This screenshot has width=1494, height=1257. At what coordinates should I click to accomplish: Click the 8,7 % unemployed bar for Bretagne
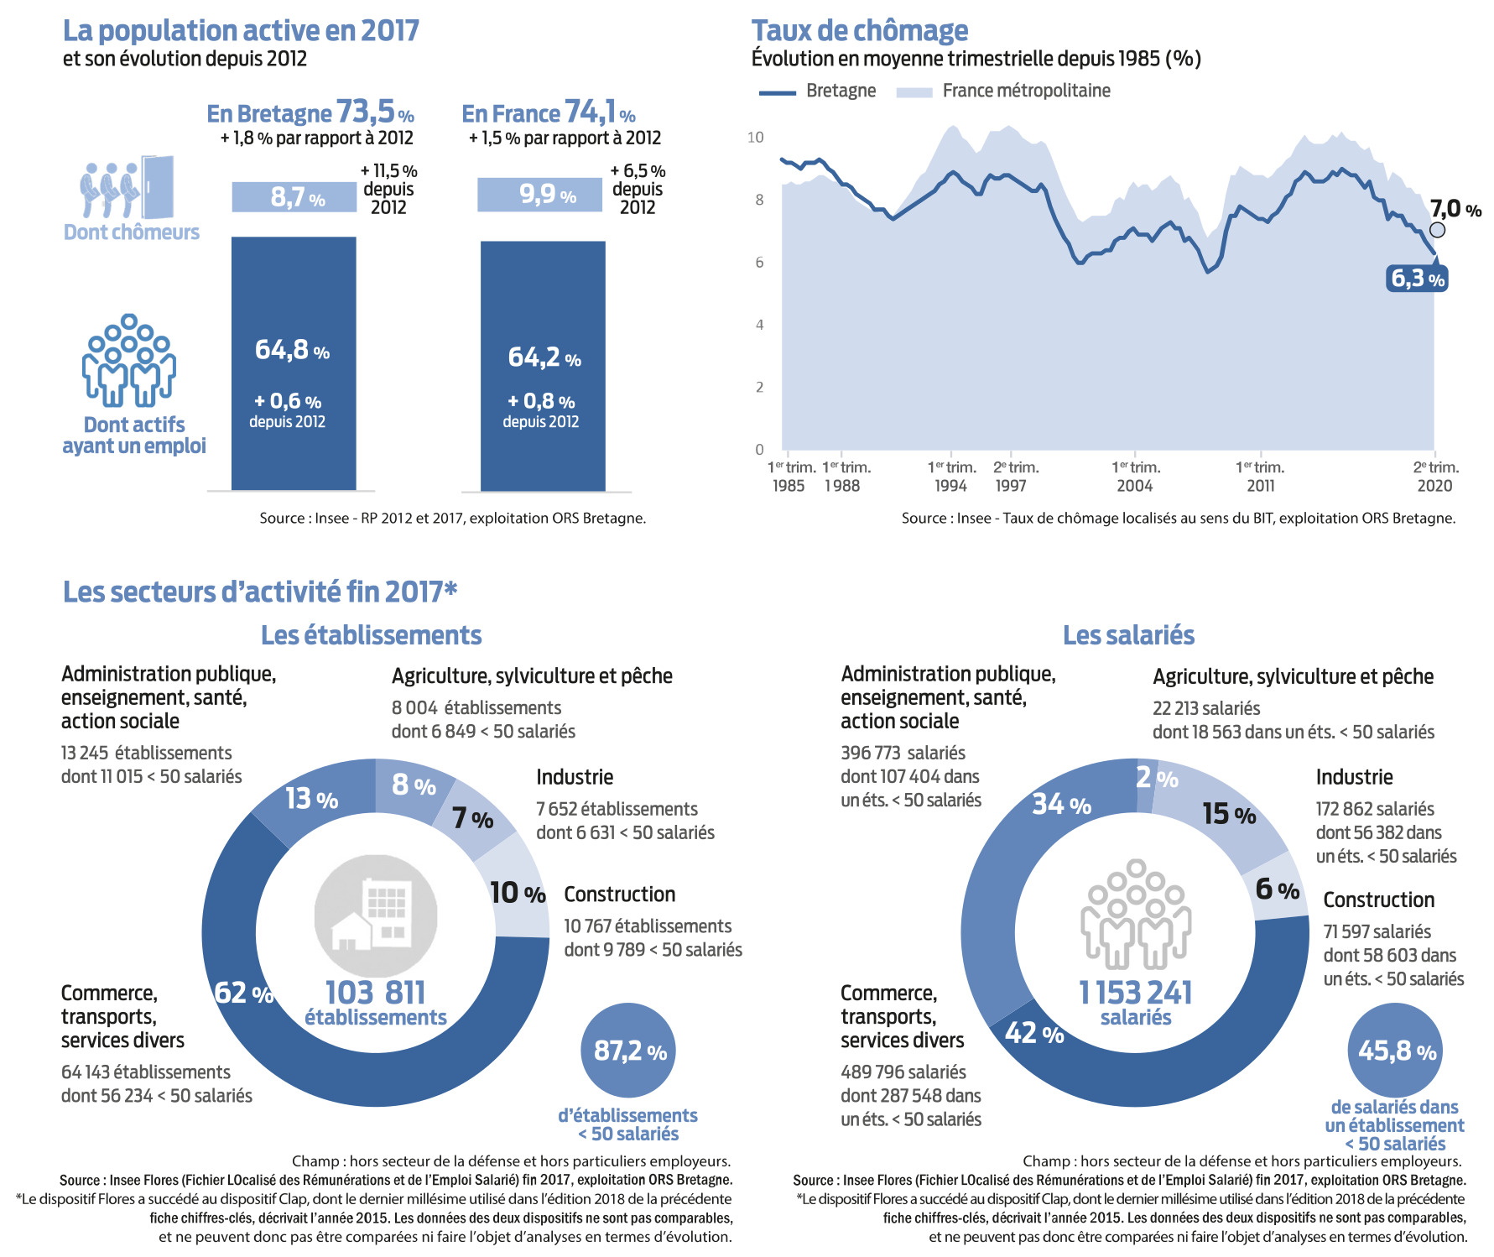coord(294,197)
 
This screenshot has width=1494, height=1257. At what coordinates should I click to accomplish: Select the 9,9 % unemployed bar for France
coord(540,195)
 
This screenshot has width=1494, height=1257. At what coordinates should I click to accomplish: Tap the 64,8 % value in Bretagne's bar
coord(292,349)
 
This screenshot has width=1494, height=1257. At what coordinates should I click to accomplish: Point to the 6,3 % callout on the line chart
coord(1418,279)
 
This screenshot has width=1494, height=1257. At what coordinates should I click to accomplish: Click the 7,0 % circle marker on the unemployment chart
coord(1437,230)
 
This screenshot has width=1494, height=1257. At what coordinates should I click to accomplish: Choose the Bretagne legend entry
coord(817,91)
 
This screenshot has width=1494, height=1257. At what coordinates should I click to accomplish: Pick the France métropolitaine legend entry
coord(1003,91)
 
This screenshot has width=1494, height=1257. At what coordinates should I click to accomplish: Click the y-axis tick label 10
coord(756,137)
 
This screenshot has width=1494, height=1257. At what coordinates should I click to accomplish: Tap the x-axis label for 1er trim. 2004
coord(1136,476)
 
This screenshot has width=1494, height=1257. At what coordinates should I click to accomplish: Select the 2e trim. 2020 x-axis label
coord(1436,476)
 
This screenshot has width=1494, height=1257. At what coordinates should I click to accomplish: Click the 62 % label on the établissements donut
coord(244,993)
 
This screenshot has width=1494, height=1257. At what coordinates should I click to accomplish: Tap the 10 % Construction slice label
coord(518,892)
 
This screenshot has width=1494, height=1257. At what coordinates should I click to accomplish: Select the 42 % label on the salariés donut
coord(1034,1032)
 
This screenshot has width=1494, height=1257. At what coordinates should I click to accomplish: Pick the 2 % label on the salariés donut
coord(1157,778)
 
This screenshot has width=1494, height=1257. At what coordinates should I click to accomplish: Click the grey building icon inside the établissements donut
coord(376,916)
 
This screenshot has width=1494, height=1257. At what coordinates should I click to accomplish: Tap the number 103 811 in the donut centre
coord(375,993)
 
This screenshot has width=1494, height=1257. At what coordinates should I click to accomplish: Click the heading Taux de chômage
coord(860,31)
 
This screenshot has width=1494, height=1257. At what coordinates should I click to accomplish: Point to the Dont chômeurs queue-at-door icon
coord(128,188)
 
